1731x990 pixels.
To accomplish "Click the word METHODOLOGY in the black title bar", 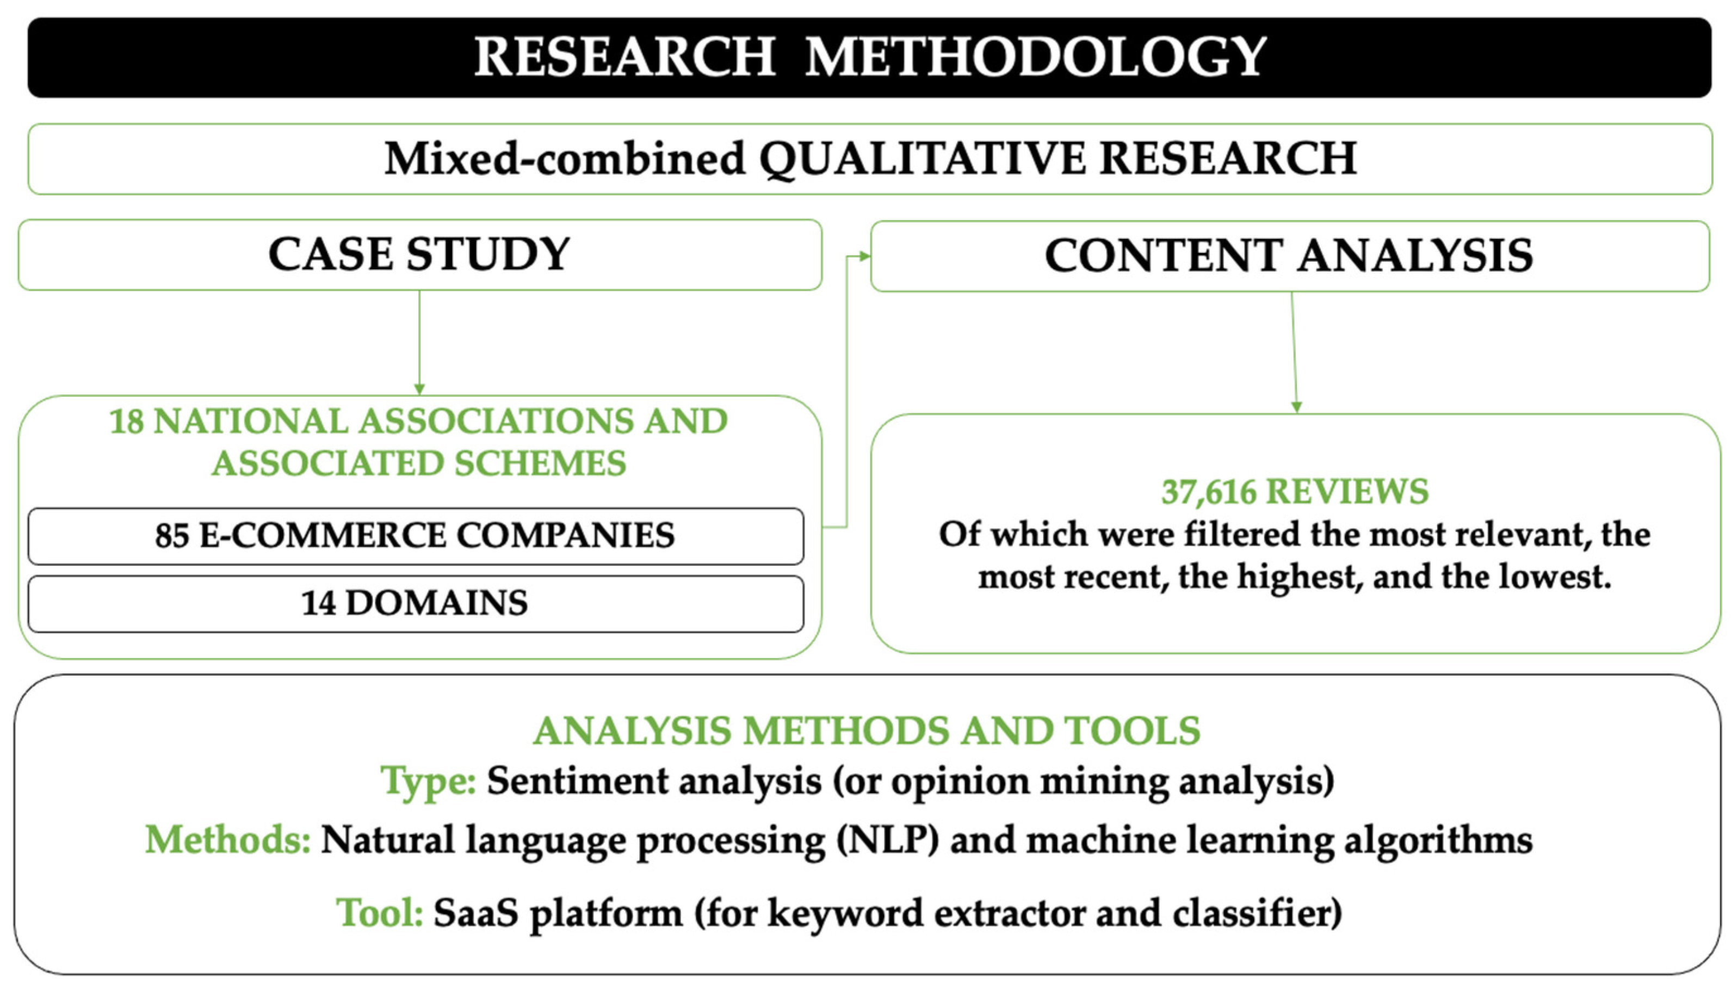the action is click(x=1035, y=57).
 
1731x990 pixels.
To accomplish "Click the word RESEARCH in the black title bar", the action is click(x=624, y=57).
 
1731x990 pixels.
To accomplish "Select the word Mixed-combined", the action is click(x=565, y=159).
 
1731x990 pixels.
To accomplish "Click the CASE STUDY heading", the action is click(x=419, y=255).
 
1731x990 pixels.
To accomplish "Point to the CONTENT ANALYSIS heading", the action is click(x=1289, y=256).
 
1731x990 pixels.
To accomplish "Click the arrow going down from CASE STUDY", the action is click(x=419, y=343).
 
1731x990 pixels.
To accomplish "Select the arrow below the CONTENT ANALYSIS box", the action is click(x=1295, y=352).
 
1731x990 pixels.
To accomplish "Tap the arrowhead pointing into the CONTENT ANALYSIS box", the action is click(x=864, y=256).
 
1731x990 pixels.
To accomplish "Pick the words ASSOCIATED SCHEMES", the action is click(x=419, y=463).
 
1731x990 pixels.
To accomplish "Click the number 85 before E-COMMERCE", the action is click(x=172, y=536).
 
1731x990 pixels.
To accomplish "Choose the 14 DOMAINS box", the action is click(x=416, y=604).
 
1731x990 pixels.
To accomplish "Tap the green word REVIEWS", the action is click(x=1341, y=492).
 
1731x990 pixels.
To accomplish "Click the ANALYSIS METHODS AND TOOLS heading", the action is click(x=867, y=731).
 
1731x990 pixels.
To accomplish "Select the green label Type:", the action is click(x=428, y=781).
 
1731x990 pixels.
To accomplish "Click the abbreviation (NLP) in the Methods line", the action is click(x=888, y=840).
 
